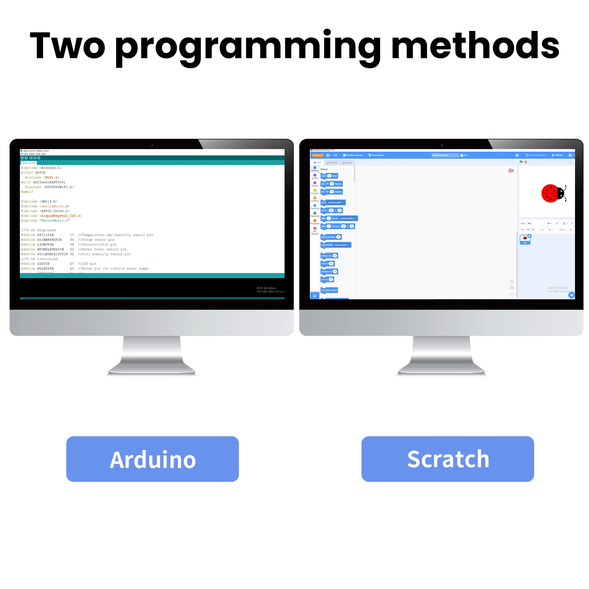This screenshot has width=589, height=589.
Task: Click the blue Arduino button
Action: point(152,459)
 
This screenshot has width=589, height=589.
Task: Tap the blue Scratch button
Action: point(448,459)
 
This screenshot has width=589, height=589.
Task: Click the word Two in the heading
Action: point(67,46)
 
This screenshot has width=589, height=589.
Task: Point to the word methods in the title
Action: point(475,46)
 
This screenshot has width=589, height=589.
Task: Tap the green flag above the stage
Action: point(521,162)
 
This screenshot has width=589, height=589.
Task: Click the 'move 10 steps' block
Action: point(329,176)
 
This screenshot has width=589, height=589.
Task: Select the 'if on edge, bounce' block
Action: point(329,290)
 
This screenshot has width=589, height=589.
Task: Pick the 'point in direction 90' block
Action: point(331,237)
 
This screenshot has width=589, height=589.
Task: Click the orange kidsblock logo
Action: point(317,155)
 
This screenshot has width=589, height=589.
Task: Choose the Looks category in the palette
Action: point(315,176)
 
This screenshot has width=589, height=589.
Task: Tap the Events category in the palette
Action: point(315,191)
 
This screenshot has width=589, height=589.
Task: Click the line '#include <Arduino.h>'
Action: point(42,168)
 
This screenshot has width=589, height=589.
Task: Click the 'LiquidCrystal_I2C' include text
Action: point(59,216)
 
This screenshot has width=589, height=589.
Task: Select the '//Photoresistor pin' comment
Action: point(97,244)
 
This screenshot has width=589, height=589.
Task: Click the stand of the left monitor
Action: point(152,355)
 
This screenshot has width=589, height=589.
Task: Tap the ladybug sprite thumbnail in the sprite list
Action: point(525,239)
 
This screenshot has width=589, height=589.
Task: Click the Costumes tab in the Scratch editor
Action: point(332,163)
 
